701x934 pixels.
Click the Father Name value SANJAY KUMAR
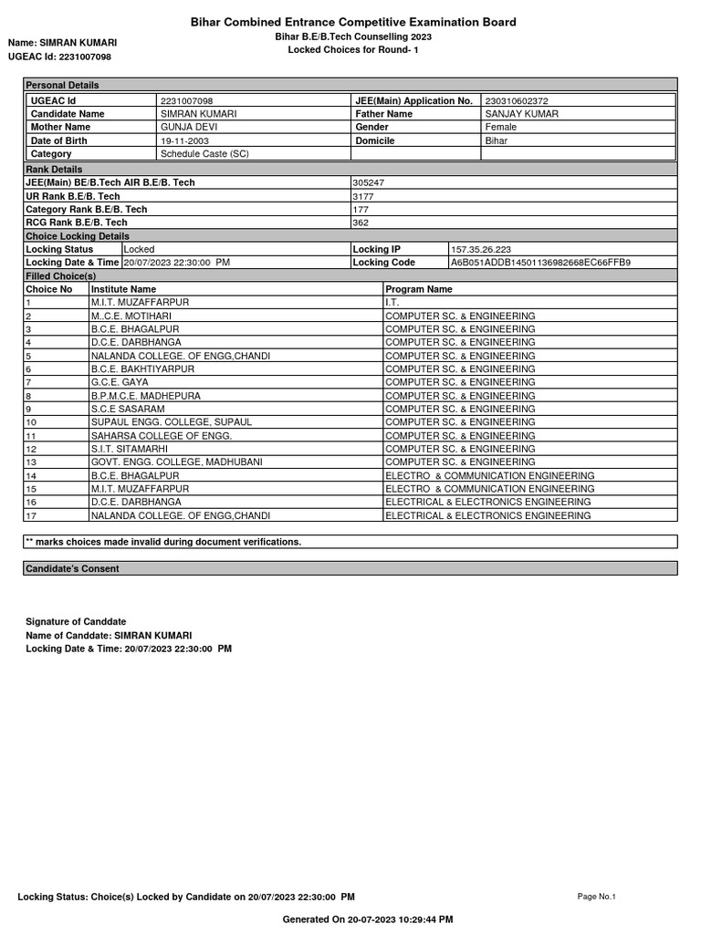(x=522, y=114)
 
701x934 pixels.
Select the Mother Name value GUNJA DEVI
(x=185, y=128)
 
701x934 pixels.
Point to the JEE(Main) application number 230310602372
(x=517, y=100)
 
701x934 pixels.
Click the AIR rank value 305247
(x=368, y=182)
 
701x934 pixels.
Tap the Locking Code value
(x=540, y=263)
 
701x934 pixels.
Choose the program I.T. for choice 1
(x=392, y=302)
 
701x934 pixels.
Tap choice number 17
(x=31, y=516)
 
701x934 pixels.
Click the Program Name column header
(x=419, y=289)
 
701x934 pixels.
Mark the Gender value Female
(x=500, y=128)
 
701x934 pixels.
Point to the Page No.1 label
(x=597, y=897)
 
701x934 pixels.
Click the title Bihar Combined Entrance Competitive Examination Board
(x=352, y=22)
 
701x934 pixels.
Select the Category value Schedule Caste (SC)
(x=204, y=154)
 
